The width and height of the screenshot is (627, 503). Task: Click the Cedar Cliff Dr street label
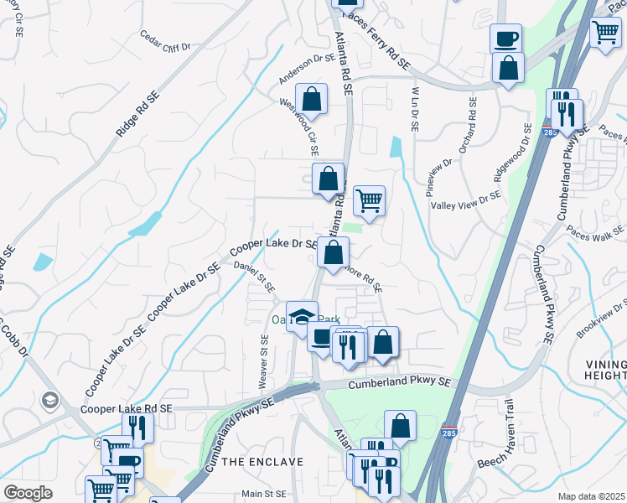coord(166,41)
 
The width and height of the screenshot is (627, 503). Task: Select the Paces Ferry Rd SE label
coord(376,41)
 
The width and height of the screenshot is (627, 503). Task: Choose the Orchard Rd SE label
coord(466,132)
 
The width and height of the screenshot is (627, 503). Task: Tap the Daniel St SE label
coord(254,276)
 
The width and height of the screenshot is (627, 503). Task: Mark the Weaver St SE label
coord(264,360)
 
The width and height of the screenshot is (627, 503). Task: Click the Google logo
coord(28,493)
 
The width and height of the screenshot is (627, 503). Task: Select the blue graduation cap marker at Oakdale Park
coord(302,316)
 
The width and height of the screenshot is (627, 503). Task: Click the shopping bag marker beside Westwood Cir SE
coord(311,99)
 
